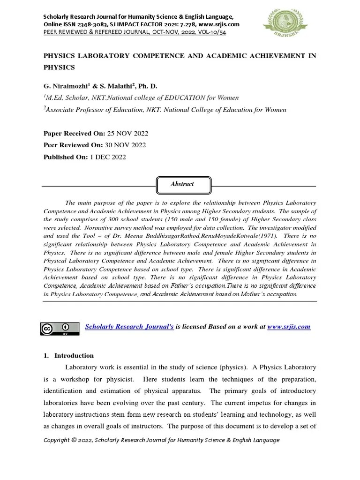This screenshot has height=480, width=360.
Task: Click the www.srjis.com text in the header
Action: click(219, 24)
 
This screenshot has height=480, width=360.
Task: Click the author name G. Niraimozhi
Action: click(66, 86)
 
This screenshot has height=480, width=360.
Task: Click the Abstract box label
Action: click(182, 184)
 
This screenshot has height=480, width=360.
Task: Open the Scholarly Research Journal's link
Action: click(129, 326)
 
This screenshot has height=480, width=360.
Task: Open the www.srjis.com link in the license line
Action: click(289, 326)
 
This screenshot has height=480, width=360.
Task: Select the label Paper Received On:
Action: click(71, 134)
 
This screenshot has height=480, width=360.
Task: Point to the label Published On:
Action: click(66, 157)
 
